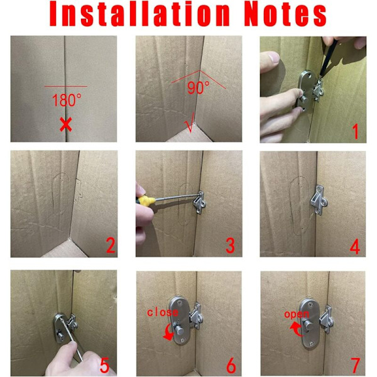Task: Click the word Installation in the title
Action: point(139,14)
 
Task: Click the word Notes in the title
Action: point(285,14)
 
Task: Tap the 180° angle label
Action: point(67,100)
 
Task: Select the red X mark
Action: point(65,125)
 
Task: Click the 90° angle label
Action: point(198,88)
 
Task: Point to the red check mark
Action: point(190,123)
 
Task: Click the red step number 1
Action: point(355,131)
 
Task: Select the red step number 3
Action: point(230,246)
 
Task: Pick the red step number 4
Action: point(355,246)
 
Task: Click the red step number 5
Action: point(104,366)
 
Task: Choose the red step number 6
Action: point(231,366)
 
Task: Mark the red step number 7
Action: point(356,366)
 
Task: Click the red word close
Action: point(163,312)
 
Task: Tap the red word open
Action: point(297,315)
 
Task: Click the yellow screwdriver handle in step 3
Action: point(145,200)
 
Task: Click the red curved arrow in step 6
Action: point(169,332)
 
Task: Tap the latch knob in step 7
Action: point(309,325)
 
